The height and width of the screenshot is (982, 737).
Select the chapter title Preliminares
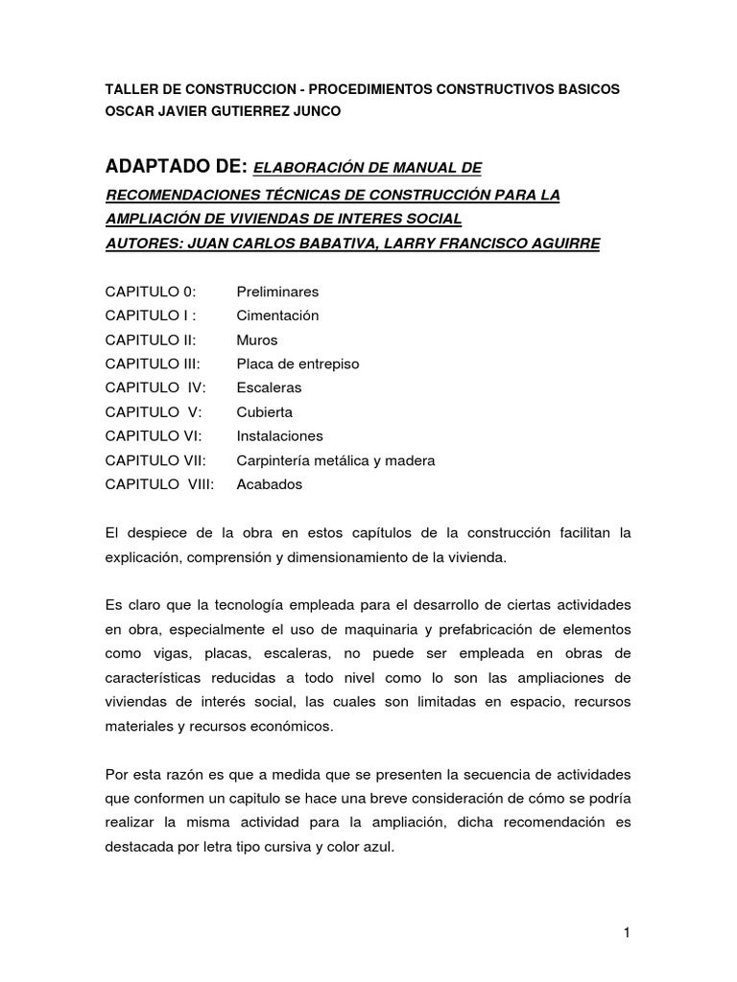[x=277, y=292]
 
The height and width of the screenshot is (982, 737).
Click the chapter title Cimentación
[x=277, y=316]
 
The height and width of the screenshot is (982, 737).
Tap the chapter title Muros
[x=256, y=339]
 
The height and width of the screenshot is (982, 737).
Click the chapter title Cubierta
[x=264, y=412]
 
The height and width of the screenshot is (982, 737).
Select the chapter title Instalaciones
[x=280, y=436]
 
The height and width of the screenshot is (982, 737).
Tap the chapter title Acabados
[x=269, y=484]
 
